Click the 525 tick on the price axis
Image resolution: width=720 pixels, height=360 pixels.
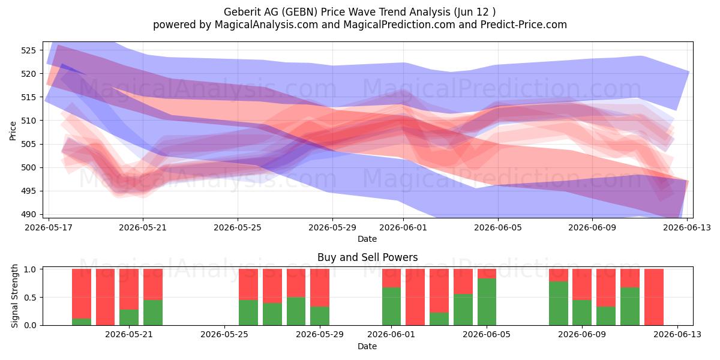click(x=28, y=50)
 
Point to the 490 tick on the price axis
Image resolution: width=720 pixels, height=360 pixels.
click(x=28, y=214)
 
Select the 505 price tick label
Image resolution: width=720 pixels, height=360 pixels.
click(x=28, y=144)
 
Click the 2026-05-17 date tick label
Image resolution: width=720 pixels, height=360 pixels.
click(x=49, y=227)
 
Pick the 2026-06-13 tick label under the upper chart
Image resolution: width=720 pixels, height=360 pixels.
click(x=687, y=227)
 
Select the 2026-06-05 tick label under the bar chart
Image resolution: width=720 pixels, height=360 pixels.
click(x=487, y=335)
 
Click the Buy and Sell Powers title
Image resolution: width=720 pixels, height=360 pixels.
click(x=367, y=257)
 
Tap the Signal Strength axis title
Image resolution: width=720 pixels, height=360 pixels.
click(x=14, y=296)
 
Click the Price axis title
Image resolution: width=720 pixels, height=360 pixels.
click(x=13, y=131)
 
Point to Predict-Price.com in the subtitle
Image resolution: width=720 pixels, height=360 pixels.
click(x=524, y=25)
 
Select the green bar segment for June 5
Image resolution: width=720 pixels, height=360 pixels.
click(x=487, y=302)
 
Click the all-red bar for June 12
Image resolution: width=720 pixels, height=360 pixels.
click(x=654, y=297)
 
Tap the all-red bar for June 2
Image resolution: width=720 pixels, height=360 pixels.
click(x=415, y=297)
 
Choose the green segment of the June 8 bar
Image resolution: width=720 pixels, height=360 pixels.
click(x=559, y=304)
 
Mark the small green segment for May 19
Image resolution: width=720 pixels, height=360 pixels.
click(x=82, y=322)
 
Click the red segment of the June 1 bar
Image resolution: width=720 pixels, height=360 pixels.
click(x=391, y=278)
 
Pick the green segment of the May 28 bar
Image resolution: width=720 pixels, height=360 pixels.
click(x=296, y=311)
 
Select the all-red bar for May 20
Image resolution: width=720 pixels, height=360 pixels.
click(x=105, y=297)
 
